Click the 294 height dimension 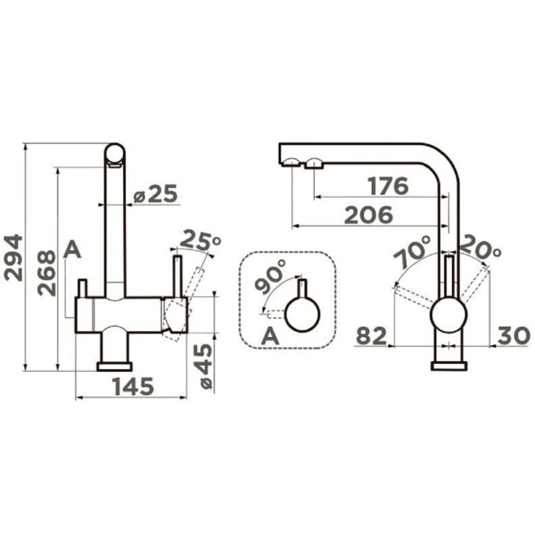pyautogui.click(x=13, y=257)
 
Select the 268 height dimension pyautogui.click(x=46, y=273)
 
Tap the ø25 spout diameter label pyautogui.click(x=156, y=194)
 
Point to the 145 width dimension pyautogui.click(x=133, y=387)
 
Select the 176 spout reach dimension pyautogui.click(x=388, y=186)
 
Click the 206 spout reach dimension pyautogui.click(x=369, y=215)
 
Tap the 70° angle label pyautogui.click(x=413, y=251)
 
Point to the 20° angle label pyautogui.click(x=481, y=248)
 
